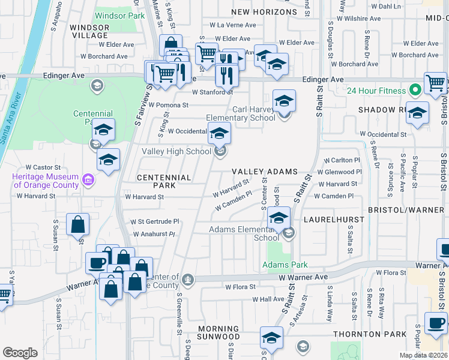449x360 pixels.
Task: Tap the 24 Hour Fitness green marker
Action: [x=414, y=91]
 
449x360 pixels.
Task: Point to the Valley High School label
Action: [x=176, y=152]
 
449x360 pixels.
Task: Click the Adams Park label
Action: [x=285, y=265]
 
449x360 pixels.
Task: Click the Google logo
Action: [x=20, y=353]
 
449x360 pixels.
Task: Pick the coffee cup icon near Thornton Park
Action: [x=436, y=323]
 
